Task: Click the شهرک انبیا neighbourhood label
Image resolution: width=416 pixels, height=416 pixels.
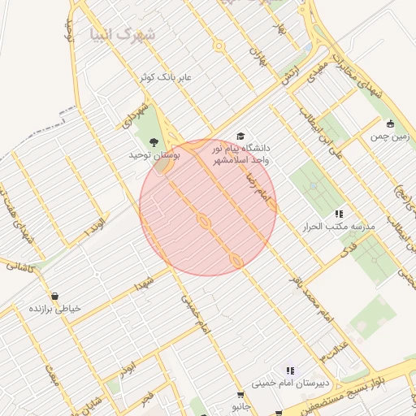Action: tap(123, 35)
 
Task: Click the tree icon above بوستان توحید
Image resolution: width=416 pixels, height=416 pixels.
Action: tap(154, 143)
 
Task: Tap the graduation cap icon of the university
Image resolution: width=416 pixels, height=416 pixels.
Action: tap(240, 136)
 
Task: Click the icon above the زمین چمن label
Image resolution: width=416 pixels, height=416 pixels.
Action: tap(391, 124)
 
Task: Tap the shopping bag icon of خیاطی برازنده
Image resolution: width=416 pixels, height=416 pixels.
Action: tap(54, 296)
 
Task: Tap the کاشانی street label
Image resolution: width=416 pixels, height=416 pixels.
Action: tap(19, 265)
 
